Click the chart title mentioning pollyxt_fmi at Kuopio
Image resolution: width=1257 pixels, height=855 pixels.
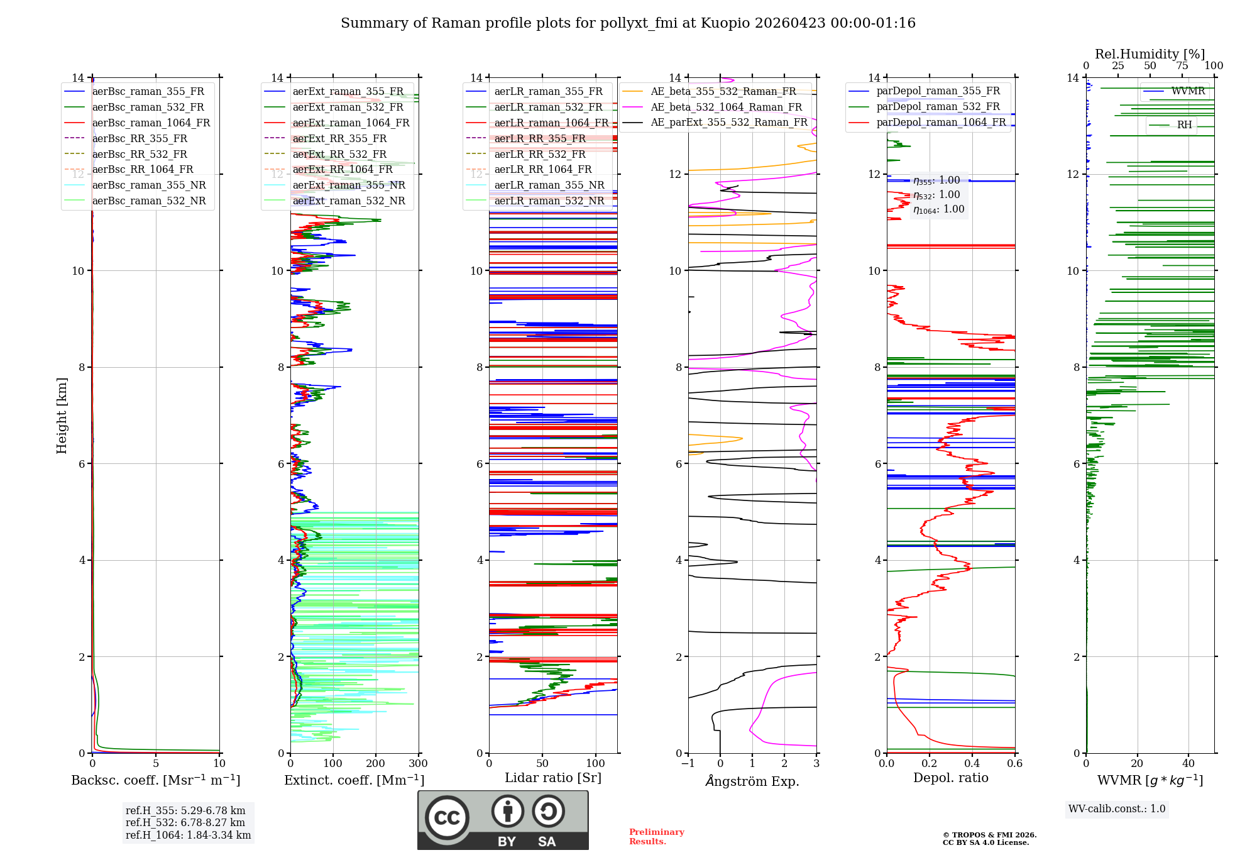[628, 23]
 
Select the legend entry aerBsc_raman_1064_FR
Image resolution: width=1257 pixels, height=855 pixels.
[151, 123]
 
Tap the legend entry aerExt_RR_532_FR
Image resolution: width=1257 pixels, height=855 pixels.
[339, 154]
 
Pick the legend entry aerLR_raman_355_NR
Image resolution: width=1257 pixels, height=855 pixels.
[549, 185]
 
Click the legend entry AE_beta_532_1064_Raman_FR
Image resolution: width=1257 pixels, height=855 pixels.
[726, 108]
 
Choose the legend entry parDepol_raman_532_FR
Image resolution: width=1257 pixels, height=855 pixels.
[938, 107]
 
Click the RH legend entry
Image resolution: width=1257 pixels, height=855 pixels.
[1184, 125]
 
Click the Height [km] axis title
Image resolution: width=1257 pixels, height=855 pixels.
[62, 416]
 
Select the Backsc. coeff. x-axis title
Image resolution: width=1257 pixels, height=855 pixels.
[156, 780]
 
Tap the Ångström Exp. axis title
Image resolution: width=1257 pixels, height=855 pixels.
[752, 781]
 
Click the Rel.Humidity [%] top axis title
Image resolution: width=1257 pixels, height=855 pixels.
[1150, 54]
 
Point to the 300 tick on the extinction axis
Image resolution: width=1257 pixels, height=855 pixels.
[418, 764]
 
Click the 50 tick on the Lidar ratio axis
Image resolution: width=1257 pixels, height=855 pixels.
[542, 764]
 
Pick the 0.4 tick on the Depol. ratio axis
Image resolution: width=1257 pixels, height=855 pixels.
[972, 764]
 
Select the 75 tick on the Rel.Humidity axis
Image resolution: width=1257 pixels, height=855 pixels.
[1182, 66]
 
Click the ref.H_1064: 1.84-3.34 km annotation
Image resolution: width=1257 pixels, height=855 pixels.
[188, 835]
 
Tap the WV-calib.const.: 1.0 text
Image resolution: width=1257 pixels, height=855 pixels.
[1117, 809]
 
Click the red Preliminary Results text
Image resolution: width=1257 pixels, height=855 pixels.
[656, 837]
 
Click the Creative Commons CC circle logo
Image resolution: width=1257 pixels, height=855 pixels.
[447, 818]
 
